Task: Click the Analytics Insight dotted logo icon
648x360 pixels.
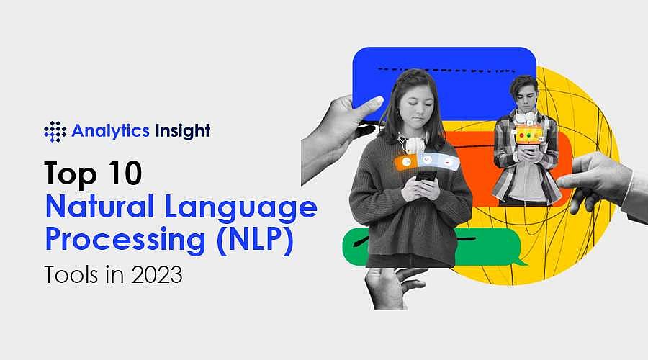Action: (x=55, y=131)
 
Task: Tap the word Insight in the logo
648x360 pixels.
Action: (x=182, y=131)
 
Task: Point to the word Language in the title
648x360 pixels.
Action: (x=243, y=208)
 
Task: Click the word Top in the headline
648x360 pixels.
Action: (x=68, y=174)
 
